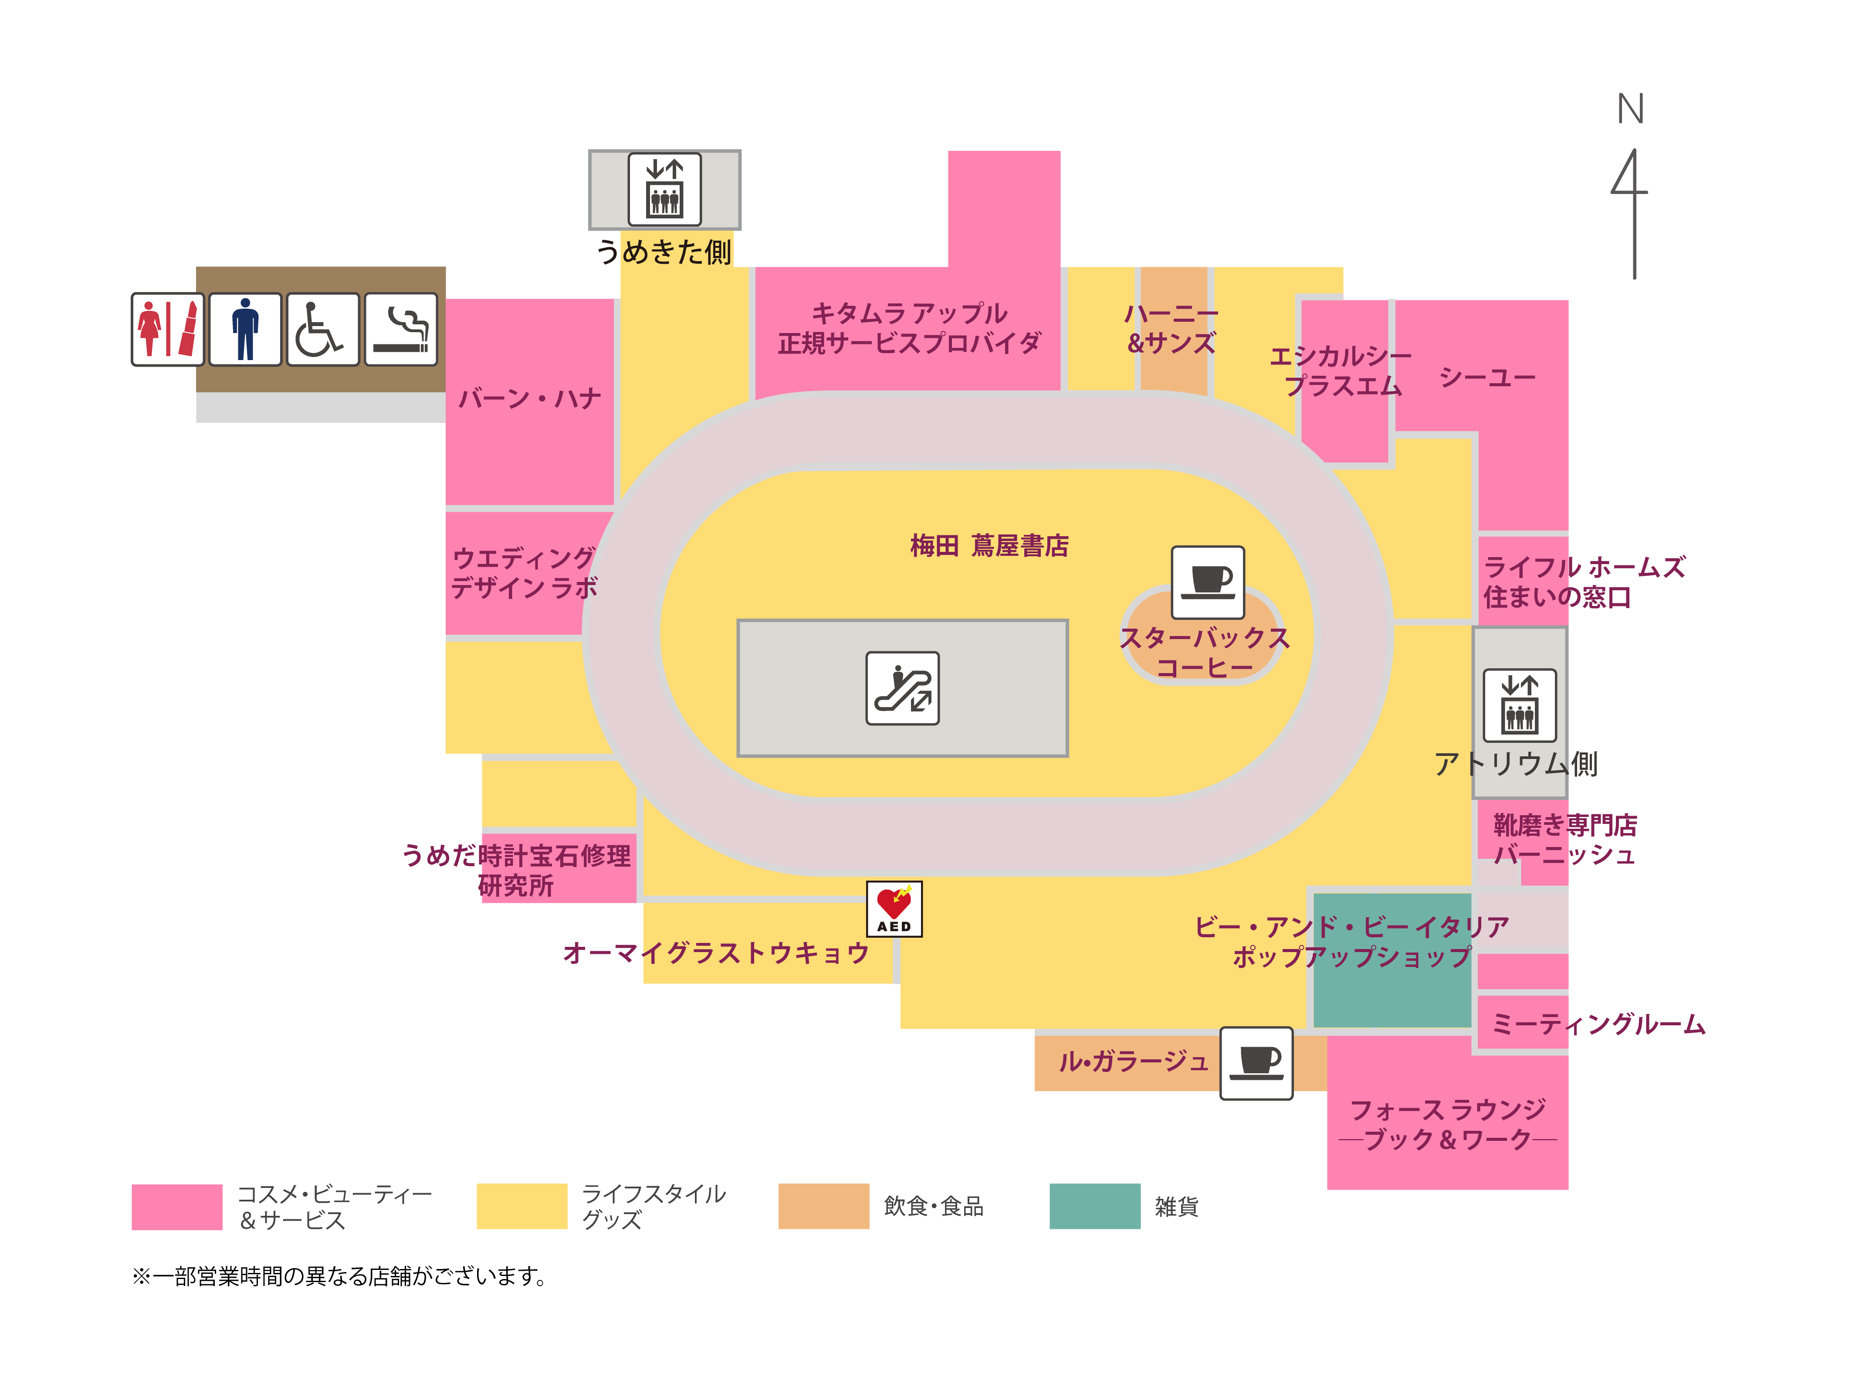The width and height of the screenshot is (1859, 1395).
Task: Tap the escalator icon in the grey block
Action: pyautogui.click(x=903, y=688)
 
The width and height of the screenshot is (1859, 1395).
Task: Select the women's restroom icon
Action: pyautogui.click(x=167, y=329)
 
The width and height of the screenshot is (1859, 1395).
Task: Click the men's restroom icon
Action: pyautogui.click(x=245, y=329)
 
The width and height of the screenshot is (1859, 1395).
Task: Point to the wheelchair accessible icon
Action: pyautogui.click(x=323, y=329)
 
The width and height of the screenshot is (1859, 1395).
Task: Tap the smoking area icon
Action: pyautogui.click(x=401, y=329)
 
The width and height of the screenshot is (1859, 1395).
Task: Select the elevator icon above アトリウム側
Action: pyautogui.click(x=1520, y=705)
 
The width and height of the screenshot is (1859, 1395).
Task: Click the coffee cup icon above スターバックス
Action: pyautogui.click(x=1208, y=582)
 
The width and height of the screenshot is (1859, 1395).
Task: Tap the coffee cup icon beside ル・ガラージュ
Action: pyautogui.click(x=1256, y=1063)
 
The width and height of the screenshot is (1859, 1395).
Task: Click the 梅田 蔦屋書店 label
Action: pyautogui.click(x=989, y=546)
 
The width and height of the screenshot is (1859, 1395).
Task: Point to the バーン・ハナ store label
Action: pyautogui.click(x=529, y=398)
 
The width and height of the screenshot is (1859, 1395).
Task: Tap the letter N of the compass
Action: pyautogui.click(x=1630, y=109)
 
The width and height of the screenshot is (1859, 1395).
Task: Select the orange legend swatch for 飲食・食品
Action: pyautogui.click(x=823, y=1206)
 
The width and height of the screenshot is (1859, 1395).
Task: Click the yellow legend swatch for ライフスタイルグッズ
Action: pyautogui.click(x=522, y=1206)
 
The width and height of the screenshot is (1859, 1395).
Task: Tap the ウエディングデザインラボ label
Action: pyautogui.click(x=525, y=573)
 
